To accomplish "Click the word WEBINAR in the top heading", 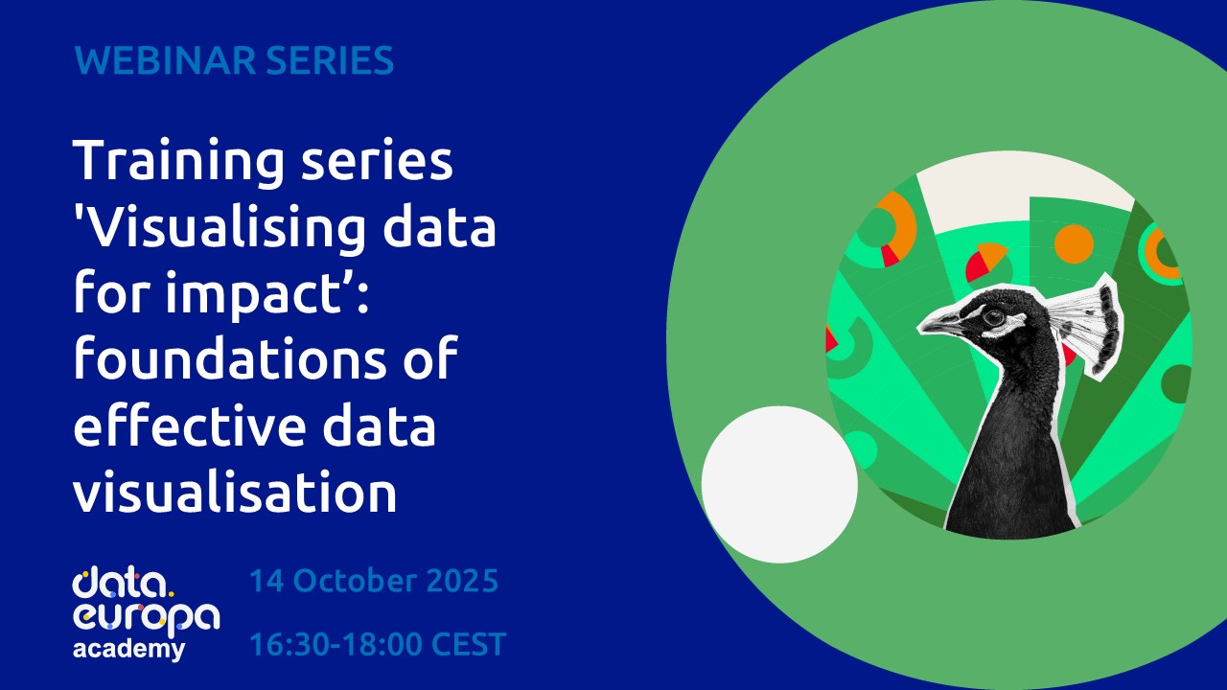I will [x=150, y=61].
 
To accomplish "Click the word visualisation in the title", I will [x=235, y=493].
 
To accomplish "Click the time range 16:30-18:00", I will [x=341, y=645].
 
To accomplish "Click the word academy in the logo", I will [x=128, y=649].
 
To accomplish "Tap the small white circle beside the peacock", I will [x=779, y=484].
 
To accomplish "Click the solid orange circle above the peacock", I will [x=1074, y=243].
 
